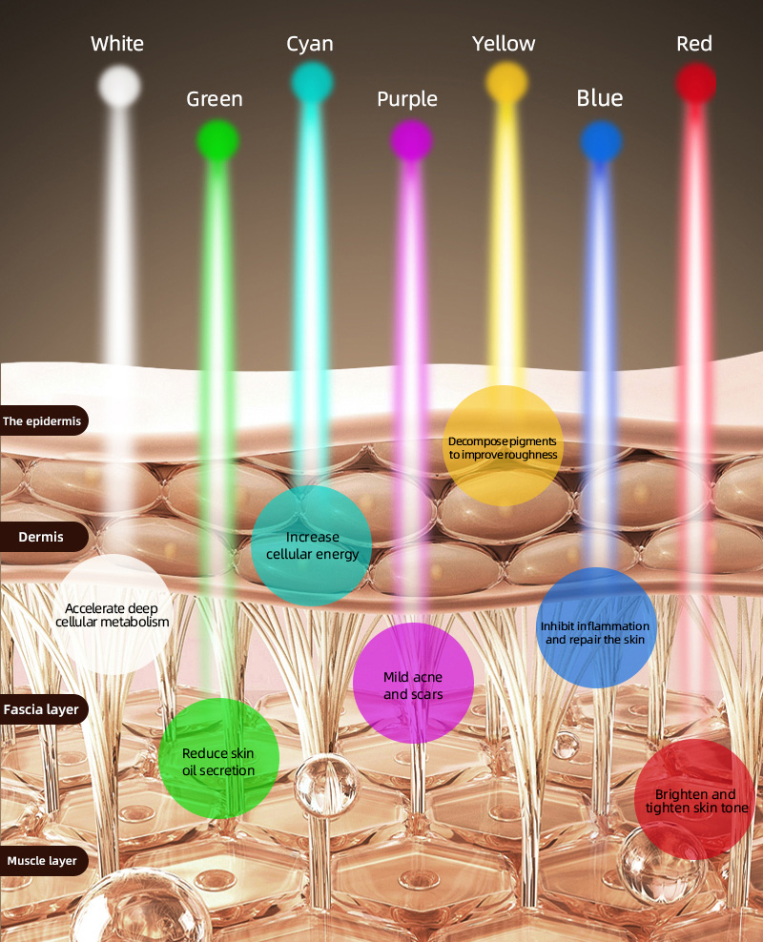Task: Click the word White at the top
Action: click(x=117, y=44)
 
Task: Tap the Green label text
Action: click(x=215, y=99)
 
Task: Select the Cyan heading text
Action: click(x=309, y=45)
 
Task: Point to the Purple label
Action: click(x=406, y=100)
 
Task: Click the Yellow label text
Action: click(x=504, y=44)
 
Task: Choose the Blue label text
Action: click(x=600, y=98)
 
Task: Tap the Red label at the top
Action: click(x=694, y=44)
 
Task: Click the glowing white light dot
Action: click(x=119, y=86)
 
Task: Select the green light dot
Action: click(x=218, y=140)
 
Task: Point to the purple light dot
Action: click(x=411, y=140)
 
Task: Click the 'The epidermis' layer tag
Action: click(x=44, y=420)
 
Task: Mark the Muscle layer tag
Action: click(x=44, y=861)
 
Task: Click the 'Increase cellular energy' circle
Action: click(x=312, y=545)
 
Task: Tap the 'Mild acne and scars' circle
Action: click(x=413, y=683)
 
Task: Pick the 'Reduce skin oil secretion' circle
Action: click(x=218, y=758)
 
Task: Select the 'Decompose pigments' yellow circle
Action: click(x=504, y=446)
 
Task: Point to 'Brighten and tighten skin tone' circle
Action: click(x=695, y=799)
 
